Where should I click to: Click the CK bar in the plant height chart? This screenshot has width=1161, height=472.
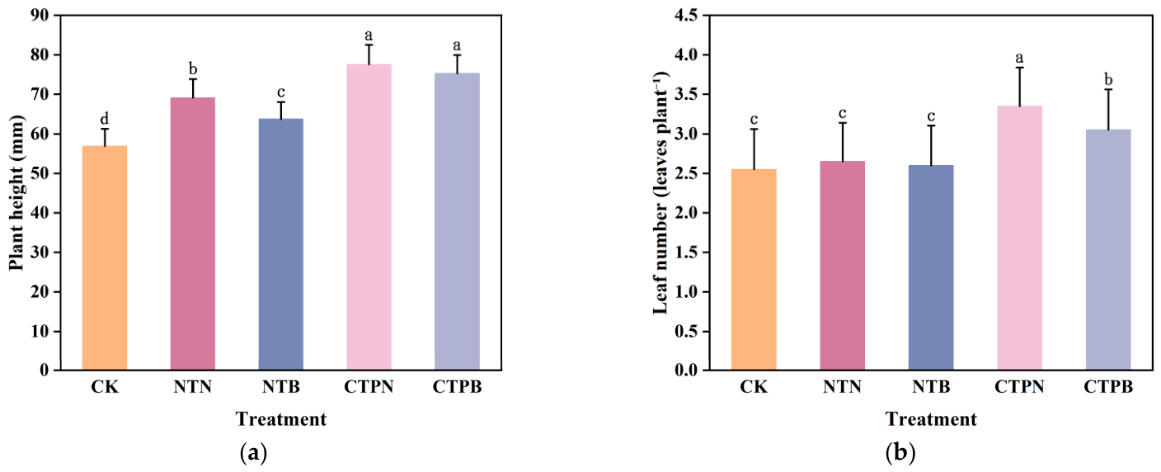(x=105, y=257)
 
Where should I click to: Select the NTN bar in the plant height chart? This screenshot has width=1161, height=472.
(x=193, y=234)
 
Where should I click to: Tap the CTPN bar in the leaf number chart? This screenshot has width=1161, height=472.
(x=1019, y=238)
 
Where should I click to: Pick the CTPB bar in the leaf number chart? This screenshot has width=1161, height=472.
(x=1108, y=249)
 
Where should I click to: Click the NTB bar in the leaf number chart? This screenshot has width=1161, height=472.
(x=931, y=267)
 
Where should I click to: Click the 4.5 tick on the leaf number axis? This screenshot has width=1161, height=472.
(x=685, y=15)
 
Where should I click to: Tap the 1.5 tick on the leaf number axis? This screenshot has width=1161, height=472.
(x=685, y=253)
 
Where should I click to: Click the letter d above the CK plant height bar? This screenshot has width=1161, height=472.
(x=105, y=119)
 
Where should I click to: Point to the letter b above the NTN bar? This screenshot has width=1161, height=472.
(x=193, y=69)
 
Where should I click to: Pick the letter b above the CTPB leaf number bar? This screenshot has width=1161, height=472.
(x=1109, y=79)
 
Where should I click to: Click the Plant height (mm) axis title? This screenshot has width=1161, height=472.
(x=16, y=193)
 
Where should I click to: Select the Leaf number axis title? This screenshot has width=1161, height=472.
(x=660, y=193)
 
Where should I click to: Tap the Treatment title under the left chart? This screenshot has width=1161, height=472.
(x=281, y=419)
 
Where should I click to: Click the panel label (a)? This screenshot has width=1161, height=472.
(x=254, y=453)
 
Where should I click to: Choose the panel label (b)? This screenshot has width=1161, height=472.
(x=900, y=453)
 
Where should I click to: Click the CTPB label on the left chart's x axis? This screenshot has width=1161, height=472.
(x=457, y=387)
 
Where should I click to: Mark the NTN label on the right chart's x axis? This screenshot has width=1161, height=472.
(x=842, y=387)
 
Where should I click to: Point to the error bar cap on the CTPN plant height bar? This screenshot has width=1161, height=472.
(x=369, y=45)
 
